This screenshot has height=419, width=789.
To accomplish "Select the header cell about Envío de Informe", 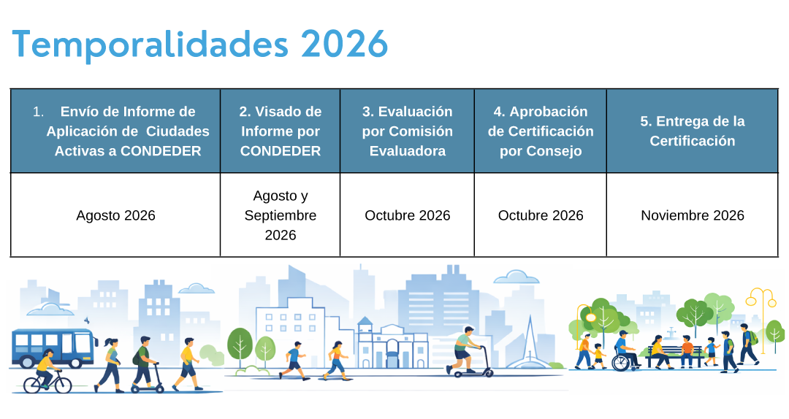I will pyautogui.click(x=115, y=131).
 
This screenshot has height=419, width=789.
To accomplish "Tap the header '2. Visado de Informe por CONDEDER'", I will pyautogui.click(x=280, y=131).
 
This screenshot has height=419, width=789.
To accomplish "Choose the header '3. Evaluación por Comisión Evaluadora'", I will pyautogui.click(x=407, y=131).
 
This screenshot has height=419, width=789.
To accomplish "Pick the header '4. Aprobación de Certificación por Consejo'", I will pyautogui.click(x=540, y=131).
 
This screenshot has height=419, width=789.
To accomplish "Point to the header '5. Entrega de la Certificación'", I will pyautogui.click(x=692, y=131).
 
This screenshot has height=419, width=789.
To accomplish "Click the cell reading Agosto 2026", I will pyautogui.click(x=115, y=215).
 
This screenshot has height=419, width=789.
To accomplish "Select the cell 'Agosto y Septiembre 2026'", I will pyautogui.click(x=280, y=215).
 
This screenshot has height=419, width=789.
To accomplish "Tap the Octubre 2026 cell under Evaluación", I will pyautogui.click(x=407, y=215).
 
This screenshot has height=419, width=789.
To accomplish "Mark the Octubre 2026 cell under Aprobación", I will pyautogui.click(x=540, y=215).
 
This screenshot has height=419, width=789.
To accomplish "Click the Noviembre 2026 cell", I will pyautogui.click(x=692, y=215).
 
